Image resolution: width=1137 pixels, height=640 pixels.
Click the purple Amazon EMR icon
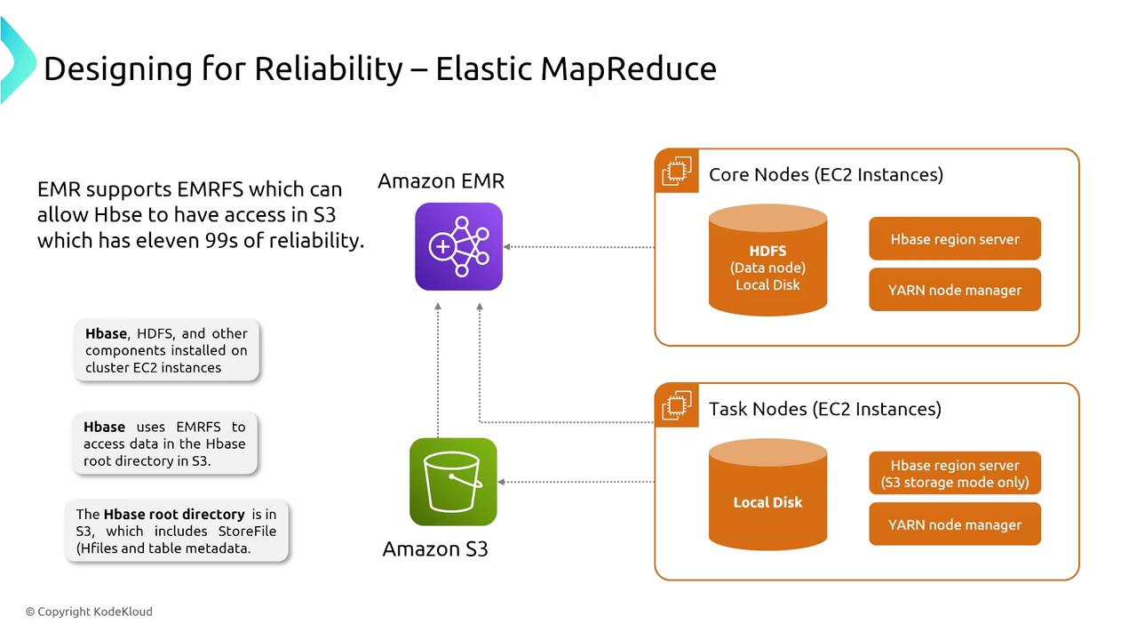click(458, 246)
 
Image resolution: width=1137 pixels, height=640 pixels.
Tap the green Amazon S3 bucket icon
click(453, 482)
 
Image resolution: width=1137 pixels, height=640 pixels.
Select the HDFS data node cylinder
click(767, 260)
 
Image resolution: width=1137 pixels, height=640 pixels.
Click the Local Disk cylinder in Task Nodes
click(767, 495)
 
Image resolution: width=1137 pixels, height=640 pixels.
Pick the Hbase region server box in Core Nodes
click(955, 239)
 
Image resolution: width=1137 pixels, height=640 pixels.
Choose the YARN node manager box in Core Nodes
click(955, 290)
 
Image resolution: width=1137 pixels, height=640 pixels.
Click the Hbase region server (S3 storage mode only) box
click(955, 474)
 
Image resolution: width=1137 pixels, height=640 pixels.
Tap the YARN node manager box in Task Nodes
click(955, 524)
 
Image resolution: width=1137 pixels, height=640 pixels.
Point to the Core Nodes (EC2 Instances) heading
click(825, 174)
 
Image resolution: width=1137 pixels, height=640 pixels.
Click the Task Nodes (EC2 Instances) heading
click(824, 409)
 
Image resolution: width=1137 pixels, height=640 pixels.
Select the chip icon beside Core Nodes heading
click(677, 171)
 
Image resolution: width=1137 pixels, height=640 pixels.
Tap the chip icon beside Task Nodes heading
click(677, 405)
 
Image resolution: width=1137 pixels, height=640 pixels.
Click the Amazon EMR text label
click(441, 181)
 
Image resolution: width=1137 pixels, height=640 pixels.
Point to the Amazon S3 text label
click(435, 548)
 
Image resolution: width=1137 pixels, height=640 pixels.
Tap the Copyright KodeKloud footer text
click(89, 612)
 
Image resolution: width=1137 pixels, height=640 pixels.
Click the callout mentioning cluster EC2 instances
click(166, 350)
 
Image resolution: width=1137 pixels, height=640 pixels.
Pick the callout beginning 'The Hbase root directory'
click(176, 532)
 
